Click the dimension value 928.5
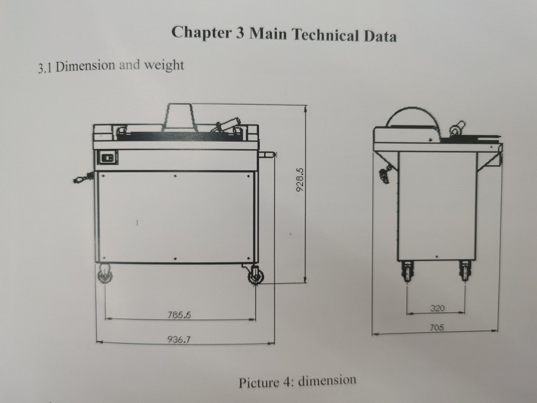300,180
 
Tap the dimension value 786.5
180,315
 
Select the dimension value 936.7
180,339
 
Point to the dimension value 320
438,308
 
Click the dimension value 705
437,328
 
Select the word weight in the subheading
163,66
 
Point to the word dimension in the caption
327,381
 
